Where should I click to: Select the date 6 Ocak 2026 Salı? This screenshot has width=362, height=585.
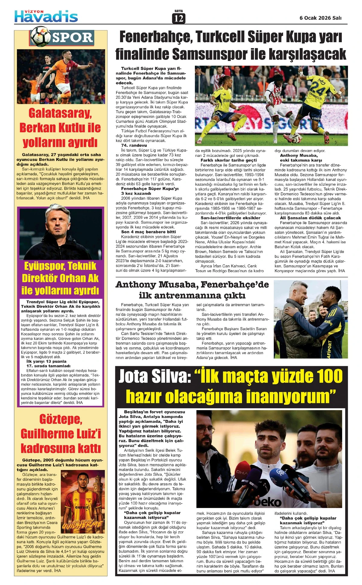point(320,18)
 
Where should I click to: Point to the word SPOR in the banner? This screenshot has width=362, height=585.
point(72,37)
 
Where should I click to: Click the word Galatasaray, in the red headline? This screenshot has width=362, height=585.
point(60,113)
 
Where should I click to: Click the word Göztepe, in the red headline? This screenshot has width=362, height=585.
point(61,419)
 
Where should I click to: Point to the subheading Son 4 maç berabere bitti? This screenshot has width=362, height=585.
point(148,232)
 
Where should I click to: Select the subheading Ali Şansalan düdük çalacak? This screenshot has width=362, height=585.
point(310,218)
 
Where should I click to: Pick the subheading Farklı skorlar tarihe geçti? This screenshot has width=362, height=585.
point(229,160)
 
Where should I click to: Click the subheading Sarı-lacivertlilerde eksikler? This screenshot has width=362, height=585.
point(230,218)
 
